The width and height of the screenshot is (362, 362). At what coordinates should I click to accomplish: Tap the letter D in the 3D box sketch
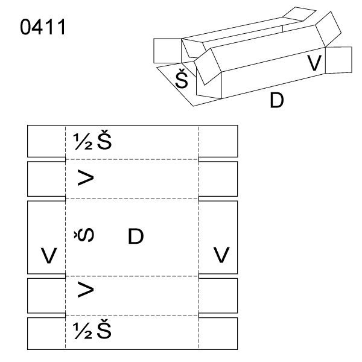tap(276, 100)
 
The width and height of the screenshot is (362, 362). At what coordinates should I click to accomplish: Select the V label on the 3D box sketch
tap(314, 62)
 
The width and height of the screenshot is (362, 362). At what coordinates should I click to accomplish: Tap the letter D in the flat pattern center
tap(136, 237)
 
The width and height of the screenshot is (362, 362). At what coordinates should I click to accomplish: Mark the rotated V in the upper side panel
tap(86, 179)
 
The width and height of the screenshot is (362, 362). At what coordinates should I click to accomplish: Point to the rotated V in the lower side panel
tap(86, 291)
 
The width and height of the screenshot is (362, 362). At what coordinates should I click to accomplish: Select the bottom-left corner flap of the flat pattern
tap(46, 332)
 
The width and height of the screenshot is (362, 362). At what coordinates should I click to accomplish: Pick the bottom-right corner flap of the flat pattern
tap(218, 332)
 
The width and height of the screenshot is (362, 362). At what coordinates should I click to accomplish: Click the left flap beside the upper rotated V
tap(46, 179)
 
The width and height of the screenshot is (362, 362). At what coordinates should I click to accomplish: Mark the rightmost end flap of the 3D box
tap(338, 59)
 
